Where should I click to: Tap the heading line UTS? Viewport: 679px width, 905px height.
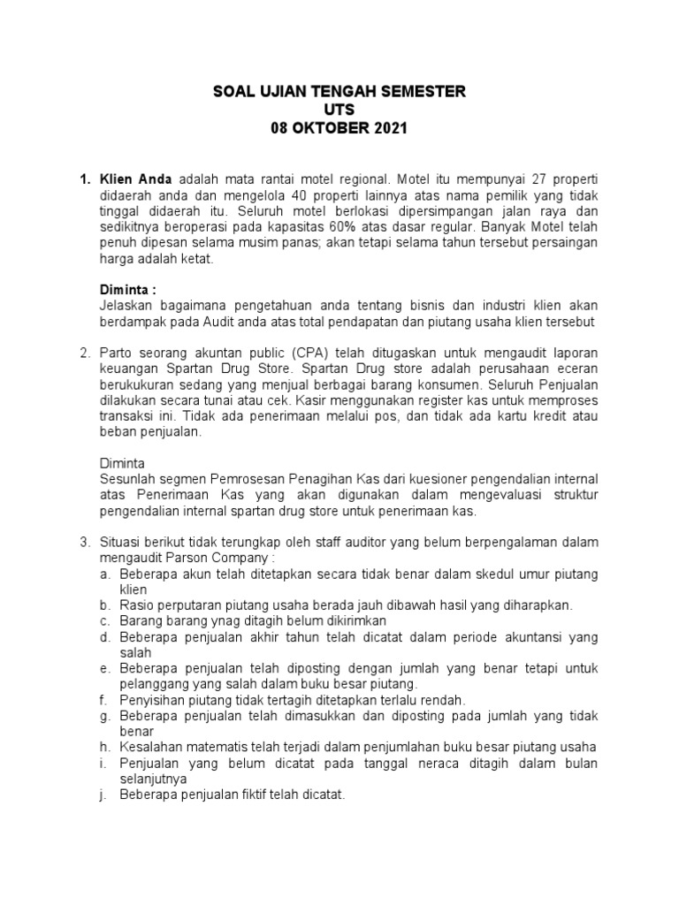point(339,110)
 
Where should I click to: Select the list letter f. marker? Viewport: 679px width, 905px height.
point(103,700)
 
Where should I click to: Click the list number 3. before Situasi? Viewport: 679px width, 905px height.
point(86,543)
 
